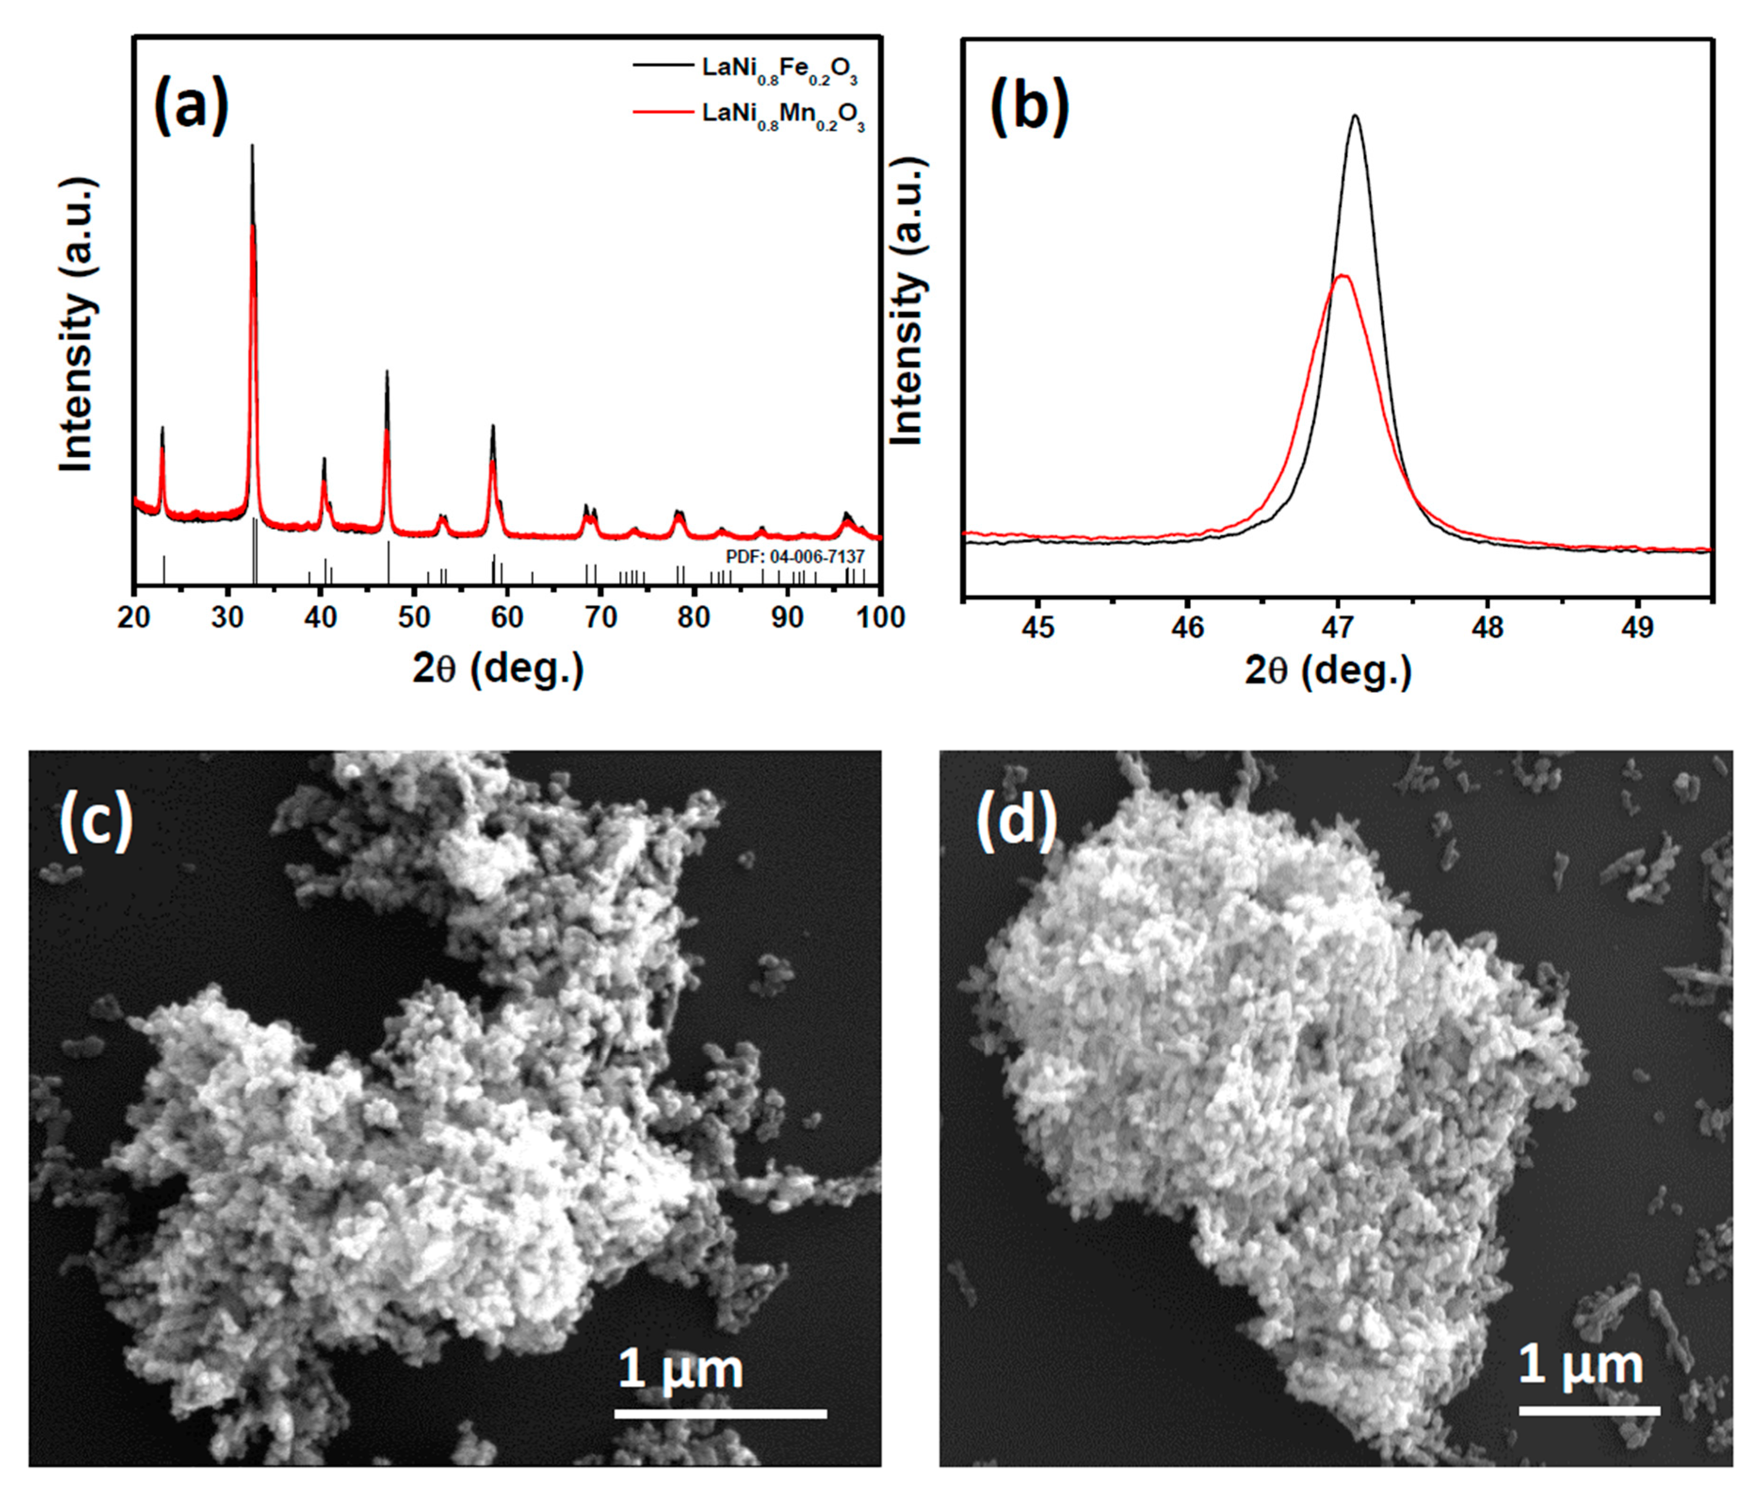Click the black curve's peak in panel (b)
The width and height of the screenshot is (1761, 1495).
[1356, 116]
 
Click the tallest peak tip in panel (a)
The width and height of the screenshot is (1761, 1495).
[252, 146]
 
